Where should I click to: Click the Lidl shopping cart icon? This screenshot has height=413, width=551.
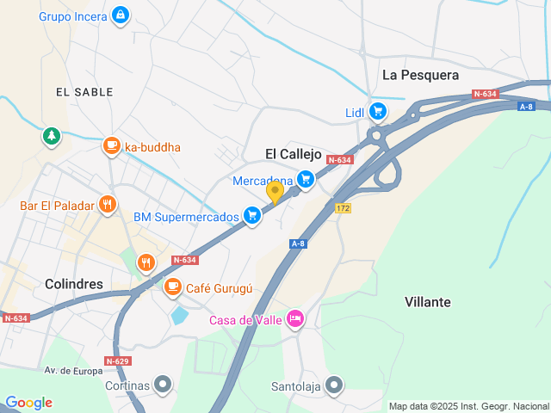tap(377, 111)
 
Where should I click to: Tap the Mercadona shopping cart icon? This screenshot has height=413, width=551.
tap(305, 179)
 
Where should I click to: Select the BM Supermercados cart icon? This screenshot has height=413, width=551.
tap(251, 215)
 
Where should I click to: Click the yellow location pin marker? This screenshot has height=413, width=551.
tap(275, 192)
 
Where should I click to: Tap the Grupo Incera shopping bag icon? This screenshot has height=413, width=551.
tap(120, 15)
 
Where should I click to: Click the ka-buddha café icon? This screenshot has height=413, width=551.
tap(111, 146)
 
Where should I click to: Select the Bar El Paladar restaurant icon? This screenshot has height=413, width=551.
tap(107, 205)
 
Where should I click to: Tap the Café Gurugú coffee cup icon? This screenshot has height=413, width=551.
tap(173, 287)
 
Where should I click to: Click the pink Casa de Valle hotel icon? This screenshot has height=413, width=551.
tap(295, 319)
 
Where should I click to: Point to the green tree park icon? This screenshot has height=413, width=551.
tap(53, 136)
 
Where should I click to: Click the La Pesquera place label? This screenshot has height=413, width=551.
tap(420, 75)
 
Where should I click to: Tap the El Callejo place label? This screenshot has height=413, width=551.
tap(293, 154)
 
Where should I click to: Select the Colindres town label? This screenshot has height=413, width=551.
tap(74, 284)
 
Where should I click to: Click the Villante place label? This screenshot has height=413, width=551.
tap(427, 302)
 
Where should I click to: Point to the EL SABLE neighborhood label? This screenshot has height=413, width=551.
tap(79, 91)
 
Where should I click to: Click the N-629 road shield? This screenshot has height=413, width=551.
tap(118, 361)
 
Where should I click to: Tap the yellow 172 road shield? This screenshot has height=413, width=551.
tap(344, 208)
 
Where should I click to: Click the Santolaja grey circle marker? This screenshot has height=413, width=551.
tap(335, 385)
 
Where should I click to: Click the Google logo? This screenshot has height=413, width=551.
tap(28, 403)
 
